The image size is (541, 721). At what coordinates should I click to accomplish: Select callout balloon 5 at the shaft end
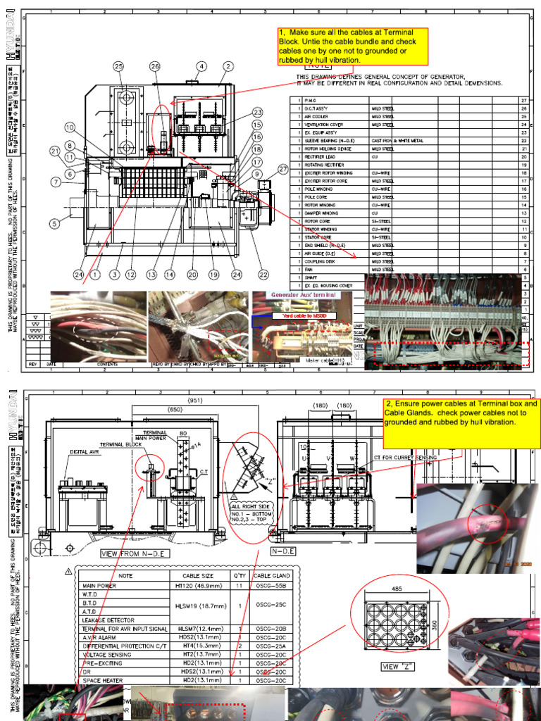click(x=54, y=225)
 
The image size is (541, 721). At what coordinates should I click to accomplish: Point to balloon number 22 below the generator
click(x=263, y=275)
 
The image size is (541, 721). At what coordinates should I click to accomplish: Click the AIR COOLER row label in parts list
click(x=316, y=117)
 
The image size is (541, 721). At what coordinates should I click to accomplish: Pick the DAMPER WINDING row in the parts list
click(x=321, y=213)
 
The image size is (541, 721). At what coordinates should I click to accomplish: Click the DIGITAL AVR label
click(x=86, y=451)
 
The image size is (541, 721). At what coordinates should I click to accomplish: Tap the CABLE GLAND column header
click(x=271, y=575)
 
